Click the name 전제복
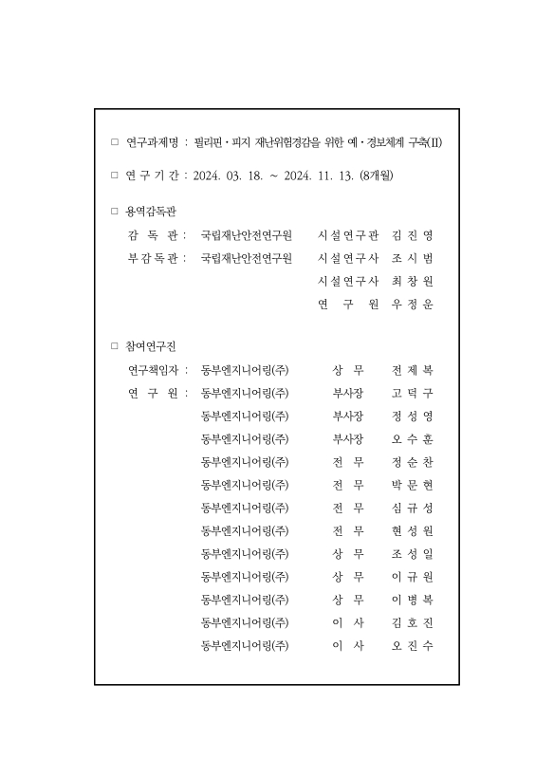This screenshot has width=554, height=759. (x=412, y=370)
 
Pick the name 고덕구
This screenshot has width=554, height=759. (x=412, y=393)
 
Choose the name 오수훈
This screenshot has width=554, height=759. (x=412, y=438)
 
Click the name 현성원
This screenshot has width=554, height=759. (x=412, y=530)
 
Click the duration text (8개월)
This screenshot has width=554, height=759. (x=377, y=176)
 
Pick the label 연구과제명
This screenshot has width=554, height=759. (x=152, y=142)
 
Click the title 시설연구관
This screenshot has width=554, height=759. (x=348, y=234)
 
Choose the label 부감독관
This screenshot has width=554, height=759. (x=154, y=257)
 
